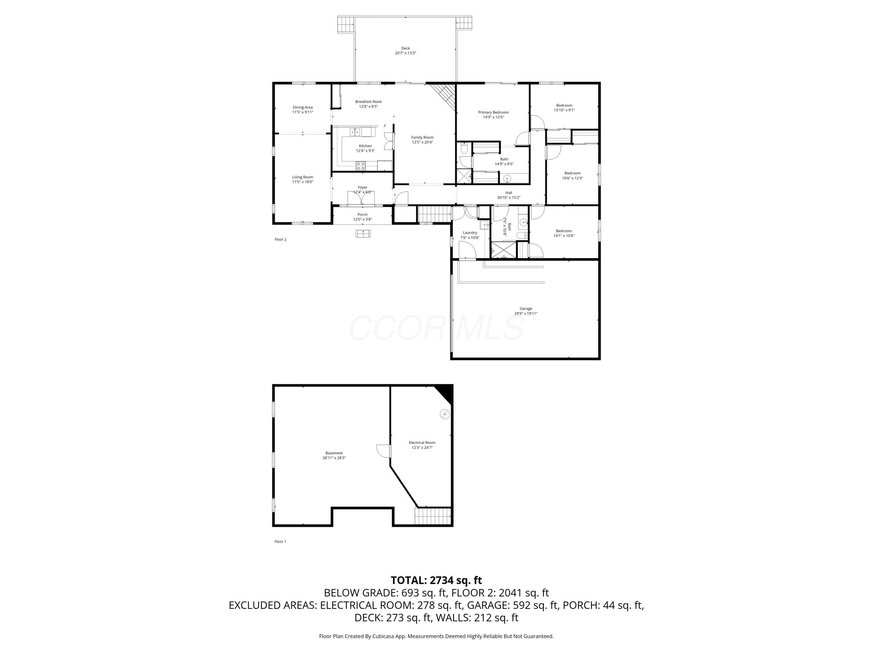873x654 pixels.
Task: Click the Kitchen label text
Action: coord(365,146)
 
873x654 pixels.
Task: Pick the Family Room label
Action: coord(422,137)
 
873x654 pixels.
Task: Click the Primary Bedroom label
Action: coord(493,112)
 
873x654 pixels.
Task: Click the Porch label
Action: coord(362,215)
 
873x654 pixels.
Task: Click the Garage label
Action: coord(526,309)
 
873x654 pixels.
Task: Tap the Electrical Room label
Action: coord(422,443)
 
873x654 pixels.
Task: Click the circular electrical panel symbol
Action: coord(445,414)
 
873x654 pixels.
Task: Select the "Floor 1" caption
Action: coord(280,542)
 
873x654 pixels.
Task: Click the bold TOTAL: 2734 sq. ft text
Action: coord(436,580)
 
